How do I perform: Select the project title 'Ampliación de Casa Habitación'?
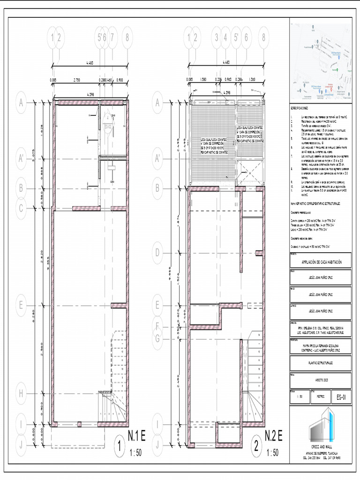320,262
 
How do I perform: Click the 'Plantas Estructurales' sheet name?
320,363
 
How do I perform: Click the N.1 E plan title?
137,435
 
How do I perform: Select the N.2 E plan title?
273,435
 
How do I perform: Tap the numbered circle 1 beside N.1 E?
121,447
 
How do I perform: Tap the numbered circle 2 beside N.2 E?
256,447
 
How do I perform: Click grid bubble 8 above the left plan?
127,37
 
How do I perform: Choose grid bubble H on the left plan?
21,394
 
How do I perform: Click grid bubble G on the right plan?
157,338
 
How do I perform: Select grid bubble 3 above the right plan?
217,37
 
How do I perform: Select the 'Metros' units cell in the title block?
321,397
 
